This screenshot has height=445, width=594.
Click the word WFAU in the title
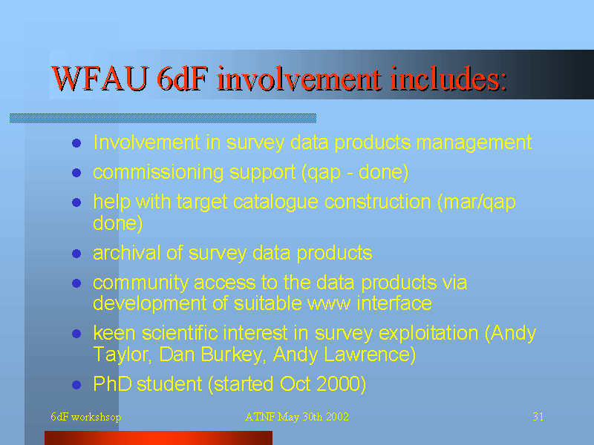click(99, 79)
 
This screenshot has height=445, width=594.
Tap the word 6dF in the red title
click(182, 79)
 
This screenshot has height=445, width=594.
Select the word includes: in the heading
click(448, 79)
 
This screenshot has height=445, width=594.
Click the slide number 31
click(538, 417)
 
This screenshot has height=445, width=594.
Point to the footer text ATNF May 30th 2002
click(296, 417)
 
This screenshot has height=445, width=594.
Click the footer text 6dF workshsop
click(86, 417)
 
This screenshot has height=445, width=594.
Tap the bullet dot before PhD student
click(76, 385)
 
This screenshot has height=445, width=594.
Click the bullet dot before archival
click(76, 253)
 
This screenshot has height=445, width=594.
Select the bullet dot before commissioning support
click(76, 173)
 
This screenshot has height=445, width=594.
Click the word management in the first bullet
click(474, 143)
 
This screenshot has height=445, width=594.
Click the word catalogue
click(275, 202)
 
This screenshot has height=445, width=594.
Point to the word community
click(140, 283)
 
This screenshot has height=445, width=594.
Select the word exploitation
click(428, 334)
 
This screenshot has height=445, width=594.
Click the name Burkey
click(231, 355)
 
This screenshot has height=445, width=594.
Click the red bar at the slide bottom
click(158, 438)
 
